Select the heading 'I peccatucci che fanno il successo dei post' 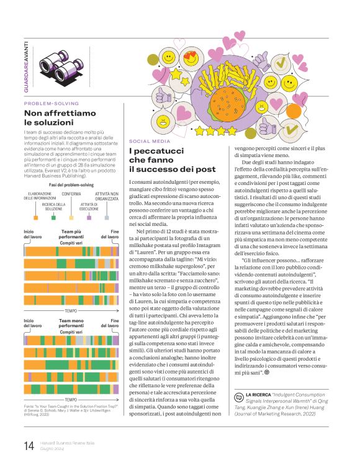172,160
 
